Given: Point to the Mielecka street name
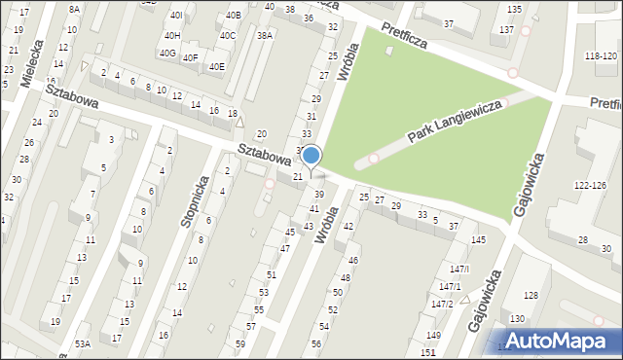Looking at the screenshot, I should (x=40, y=64).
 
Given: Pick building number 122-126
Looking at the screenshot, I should (x=589, y=185).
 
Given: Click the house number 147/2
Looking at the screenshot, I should (x=443, y=304).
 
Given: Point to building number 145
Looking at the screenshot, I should (x=478, y=239).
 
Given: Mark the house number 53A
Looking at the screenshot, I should (x=83, y=343).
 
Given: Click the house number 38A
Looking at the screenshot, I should (x=265, y=34).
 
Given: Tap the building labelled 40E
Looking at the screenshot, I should (x=216, y=66).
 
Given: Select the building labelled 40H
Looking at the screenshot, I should (x=172, y=35).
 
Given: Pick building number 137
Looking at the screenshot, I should (x=506, y=30).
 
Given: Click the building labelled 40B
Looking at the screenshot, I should (x=233, y=16).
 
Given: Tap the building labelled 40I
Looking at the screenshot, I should (x=176, y=16).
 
